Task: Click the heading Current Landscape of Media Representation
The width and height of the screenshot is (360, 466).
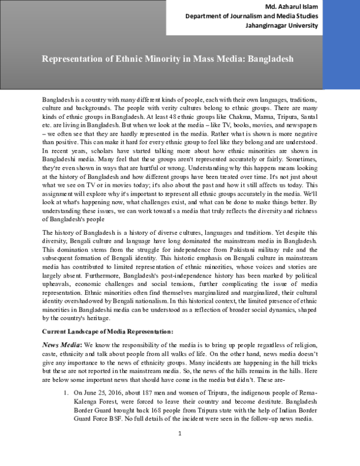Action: click(107, 331)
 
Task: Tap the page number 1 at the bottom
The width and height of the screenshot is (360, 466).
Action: click(179, 449)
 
